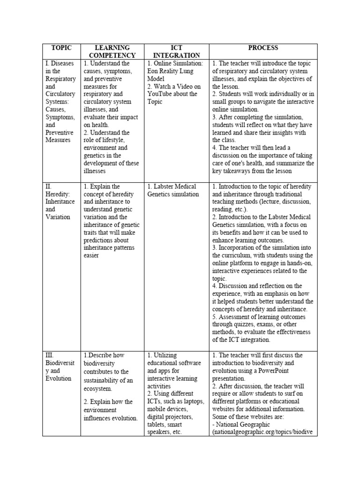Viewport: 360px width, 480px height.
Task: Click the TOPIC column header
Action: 61,48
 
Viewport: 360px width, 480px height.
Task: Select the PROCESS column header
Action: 263,48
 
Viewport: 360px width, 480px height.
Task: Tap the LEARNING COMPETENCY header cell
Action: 112,52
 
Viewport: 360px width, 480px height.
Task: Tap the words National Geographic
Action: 244,424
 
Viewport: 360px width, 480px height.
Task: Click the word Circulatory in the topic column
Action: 60,94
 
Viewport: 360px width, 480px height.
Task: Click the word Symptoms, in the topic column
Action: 60,117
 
